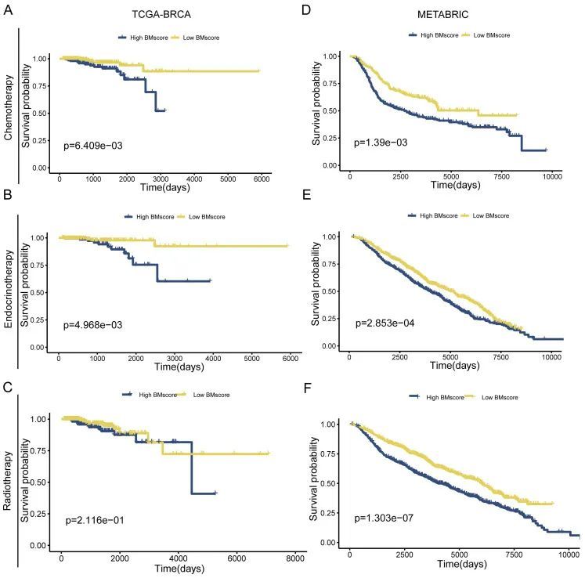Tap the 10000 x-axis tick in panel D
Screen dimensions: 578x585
tap(552, 175)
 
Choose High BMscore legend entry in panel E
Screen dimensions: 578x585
tap(435, 215)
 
